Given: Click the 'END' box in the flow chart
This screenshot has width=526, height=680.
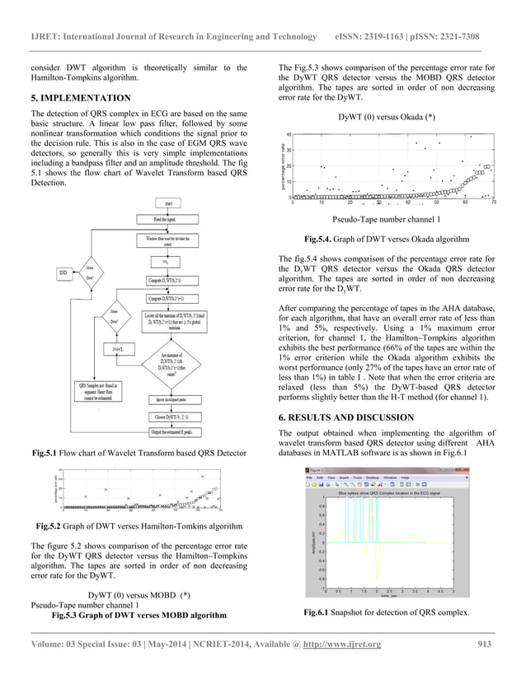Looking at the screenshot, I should click(63, 272).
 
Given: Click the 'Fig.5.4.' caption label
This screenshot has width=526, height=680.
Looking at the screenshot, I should click(321, 239).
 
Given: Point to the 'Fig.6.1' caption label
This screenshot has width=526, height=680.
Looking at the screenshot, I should click(319, 612).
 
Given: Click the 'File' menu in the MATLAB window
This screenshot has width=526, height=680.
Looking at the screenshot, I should click(310, 477).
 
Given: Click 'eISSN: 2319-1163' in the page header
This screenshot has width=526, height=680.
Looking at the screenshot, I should click(375, 37).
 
